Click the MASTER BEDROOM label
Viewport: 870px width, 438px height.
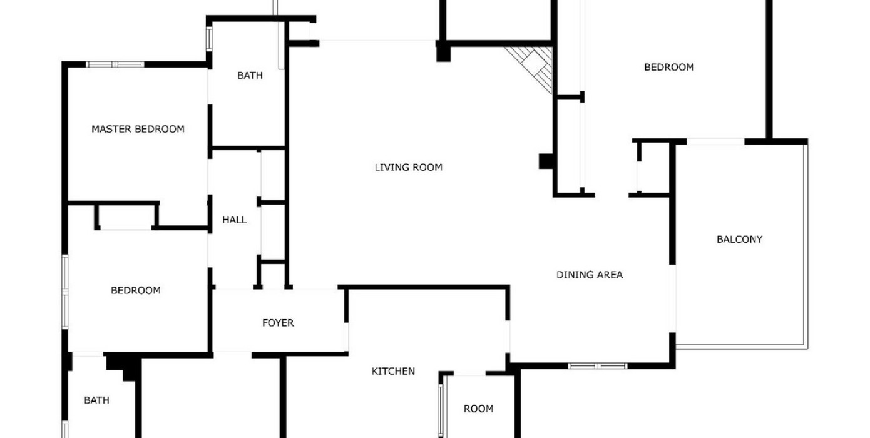point(138,129)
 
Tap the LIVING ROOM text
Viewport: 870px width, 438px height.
point(408,167)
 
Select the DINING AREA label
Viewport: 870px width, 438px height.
point(590,275)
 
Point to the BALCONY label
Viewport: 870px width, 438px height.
point(740,239)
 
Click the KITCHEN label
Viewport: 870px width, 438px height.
point(393,371)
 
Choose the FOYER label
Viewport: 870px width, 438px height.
point(278,323)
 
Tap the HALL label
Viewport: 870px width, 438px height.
point(235,220)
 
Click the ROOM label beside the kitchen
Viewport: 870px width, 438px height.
point(478,409)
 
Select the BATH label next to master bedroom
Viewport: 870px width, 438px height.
point(250,75)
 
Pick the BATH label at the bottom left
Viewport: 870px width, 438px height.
point(97,400)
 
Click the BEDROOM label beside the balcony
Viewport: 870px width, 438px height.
point(669,67)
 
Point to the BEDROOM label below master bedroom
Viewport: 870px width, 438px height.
point(136,290)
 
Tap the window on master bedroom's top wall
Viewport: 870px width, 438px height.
point(115,64)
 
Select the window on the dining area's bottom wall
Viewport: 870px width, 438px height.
point(597,366)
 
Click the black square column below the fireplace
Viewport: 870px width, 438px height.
point(546,161)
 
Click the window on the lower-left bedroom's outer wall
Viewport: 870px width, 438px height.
point(65,292)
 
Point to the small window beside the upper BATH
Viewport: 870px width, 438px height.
point(209,38)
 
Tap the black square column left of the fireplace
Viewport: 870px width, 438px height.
point(443,52)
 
